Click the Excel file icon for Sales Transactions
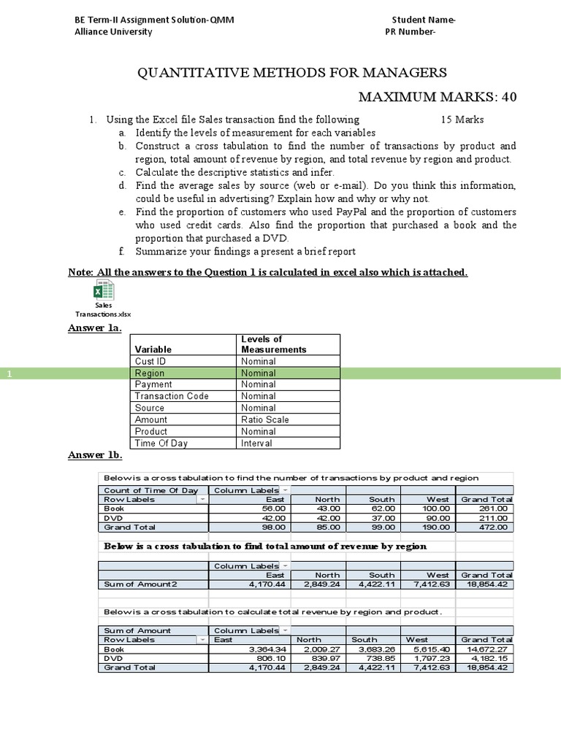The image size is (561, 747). [x=103, y=292]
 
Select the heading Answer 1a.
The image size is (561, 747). [x=94, y=328]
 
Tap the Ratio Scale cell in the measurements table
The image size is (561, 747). [x=264, y=419]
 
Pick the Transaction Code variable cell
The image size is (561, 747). [x=172, y=396]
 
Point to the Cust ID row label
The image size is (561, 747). [x=150, y=361]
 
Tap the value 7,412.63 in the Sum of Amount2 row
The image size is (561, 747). [x=427, y=584]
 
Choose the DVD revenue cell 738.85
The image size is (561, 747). [x=378, y=658]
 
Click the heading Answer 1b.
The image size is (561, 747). [x=95, y=455]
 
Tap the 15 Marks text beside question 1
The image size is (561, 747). [x=462, y=120]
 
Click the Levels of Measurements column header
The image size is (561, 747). [x=274, y=344]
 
